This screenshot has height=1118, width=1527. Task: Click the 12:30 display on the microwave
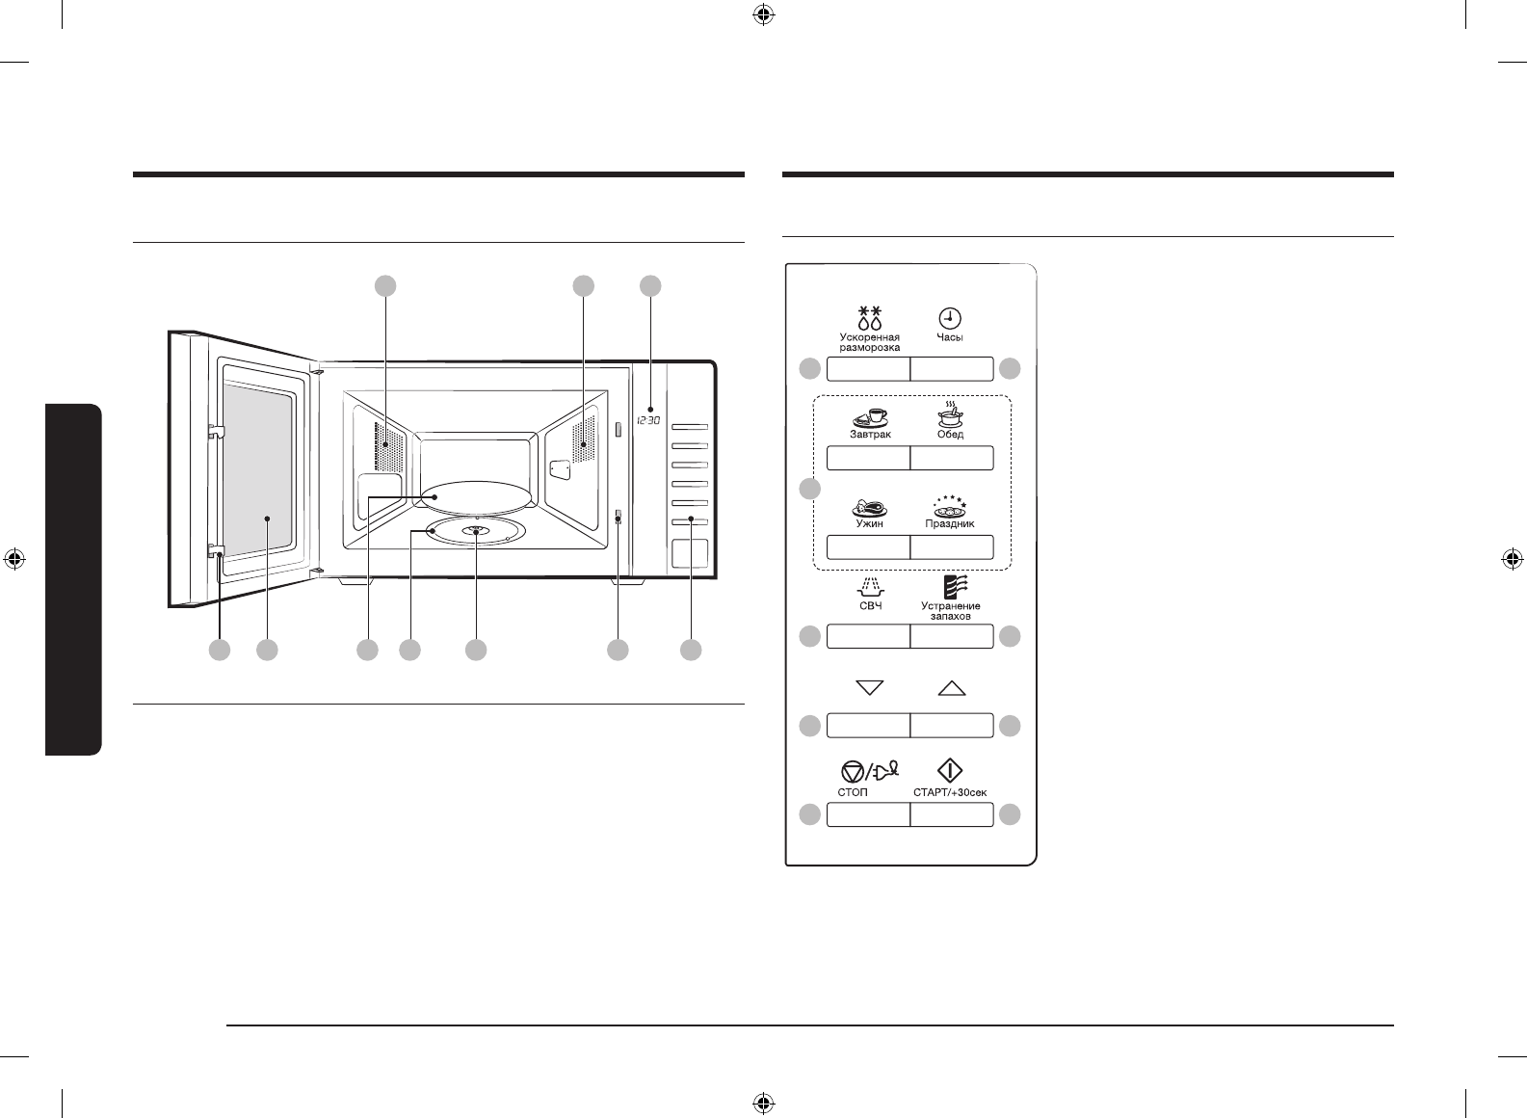click(647, 420)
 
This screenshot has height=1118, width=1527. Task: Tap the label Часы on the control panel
click(951, 338)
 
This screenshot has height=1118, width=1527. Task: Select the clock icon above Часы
click(951, 318)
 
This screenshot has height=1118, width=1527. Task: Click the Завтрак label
click(869, 435)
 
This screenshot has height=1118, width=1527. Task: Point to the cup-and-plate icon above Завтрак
click(869, 416)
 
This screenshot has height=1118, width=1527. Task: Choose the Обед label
click(951, 435)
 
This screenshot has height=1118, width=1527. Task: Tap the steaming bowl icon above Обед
click(951, 415)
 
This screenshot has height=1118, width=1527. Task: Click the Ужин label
click(869, 523)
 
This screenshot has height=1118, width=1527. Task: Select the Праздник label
click(951, 524)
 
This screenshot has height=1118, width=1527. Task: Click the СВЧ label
click(870, 606)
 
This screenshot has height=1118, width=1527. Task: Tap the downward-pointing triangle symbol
click(870, 688)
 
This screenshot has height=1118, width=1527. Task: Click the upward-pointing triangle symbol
click(951, 688)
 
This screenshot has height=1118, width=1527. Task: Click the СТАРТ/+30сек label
click(950, 792)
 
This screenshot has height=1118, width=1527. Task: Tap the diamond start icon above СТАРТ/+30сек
click(951, 771)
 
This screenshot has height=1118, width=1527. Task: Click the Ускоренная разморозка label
click(869, 343)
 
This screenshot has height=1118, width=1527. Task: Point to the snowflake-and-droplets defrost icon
click(870, 318)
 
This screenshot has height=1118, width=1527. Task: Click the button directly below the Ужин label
click(868, 547)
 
